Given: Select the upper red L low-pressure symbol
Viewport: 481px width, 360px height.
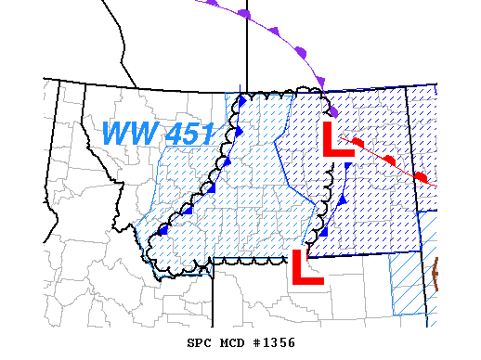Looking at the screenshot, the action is (336, 138).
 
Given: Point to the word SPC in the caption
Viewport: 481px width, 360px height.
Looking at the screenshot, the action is (199, 342).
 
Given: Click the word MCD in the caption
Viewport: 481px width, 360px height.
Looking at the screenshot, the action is (231, 342).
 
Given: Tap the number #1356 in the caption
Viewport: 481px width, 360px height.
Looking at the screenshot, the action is (274, 342).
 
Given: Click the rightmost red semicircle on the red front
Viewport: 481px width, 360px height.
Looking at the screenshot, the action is (421, 175).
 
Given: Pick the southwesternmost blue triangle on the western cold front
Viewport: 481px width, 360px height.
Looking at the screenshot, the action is (164, 229).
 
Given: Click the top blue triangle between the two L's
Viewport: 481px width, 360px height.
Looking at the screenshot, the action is (347, 166).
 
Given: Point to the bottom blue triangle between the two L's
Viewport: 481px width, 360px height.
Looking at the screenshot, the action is (324, 230).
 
